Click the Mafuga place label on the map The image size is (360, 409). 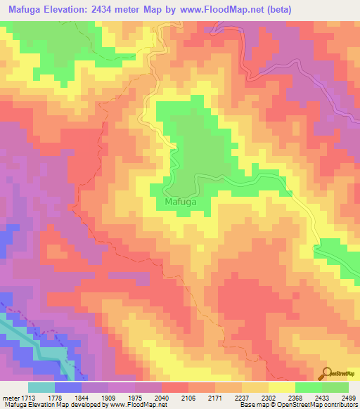point(180,202)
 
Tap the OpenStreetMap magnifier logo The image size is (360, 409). point(328,374)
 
